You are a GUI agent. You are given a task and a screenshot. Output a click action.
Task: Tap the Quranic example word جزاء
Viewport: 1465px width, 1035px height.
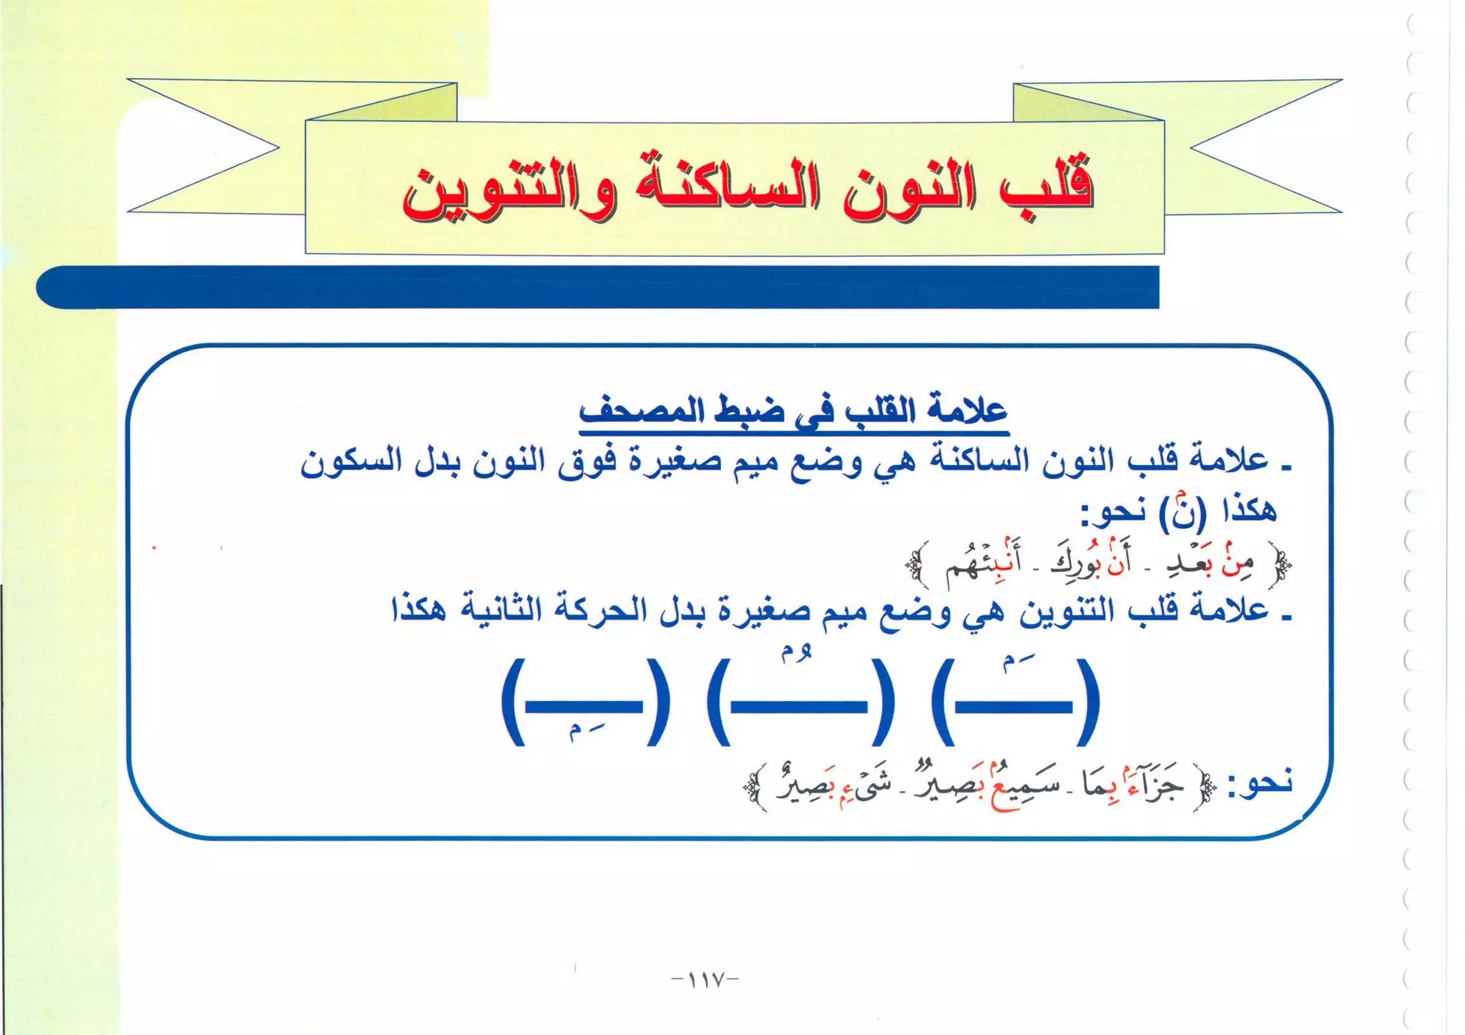click(x=1152, y=784)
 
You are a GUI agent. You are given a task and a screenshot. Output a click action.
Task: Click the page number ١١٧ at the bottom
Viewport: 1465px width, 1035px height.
click(x=705, y=978)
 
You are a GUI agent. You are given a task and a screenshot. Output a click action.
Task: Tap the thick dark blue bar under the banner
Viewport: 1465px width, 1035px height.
click(x=597, y=287)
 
